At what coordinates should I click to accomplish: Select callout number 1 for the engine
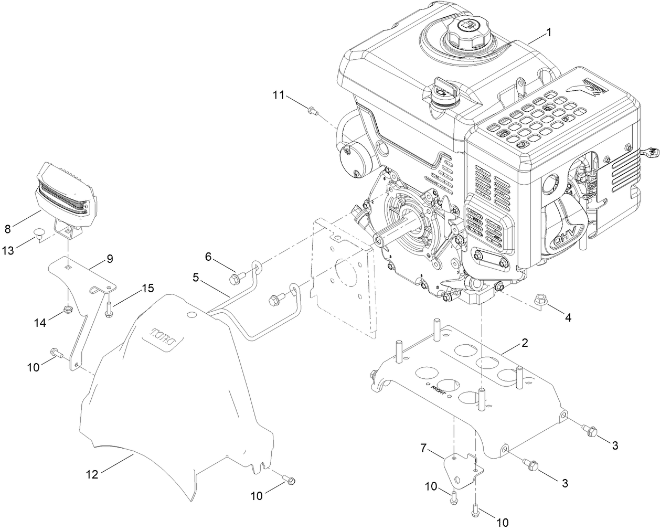pos(548,33)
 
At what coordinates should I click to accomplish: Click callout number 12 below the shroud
pos(92,474)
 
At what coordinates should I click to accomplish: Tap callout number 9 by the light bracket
pos(110,259)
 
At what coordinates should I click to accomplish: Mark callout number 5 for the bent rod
pos(196,277)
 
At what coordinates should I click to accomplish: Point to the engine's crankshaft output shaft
pos(393,231)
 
